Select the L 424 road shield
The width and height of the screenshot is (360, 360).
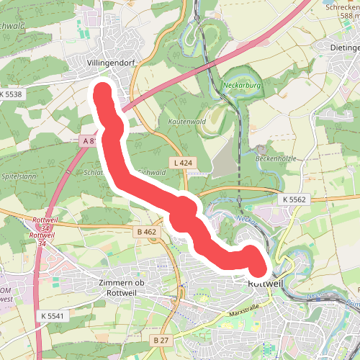point(183,163)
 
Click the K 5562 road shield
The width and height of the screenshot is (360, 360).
point(294,199)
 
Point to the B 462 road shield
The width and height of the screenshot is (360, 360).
point(146,232)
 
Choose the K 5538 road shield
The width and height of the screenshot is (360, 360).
point(12,94)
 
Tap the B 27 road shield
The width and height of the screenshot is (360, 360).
point(160,339)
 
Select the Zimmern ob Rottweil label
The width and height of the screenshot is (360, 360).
point(121,287)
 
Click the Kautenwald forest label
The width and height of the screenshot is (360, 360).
point(187,122)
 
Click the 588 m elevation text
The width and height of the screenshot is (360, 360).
point(343,16)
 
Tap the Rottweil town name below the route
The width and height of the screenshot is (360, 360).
point(263,284)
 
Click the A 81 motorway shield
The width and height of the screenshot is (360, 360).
point(90,141)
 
